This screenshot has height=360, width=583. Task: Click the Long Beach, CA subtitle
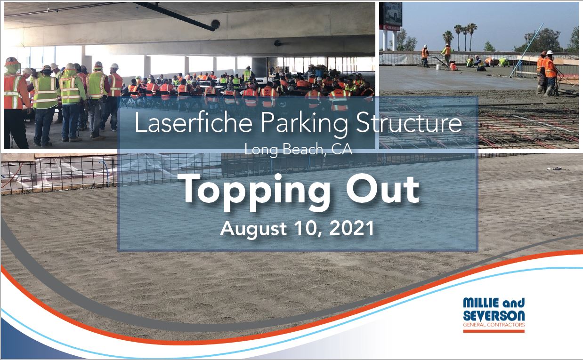click(299, 151)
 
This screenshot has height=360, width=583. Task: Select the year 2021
click(353, 229)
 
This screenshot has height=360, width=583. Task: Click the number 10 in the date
click(307, 229)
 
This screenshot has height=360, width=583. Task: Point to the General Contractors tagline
click(494, 325)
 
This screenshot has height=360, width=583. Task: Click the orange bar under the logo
click(494, 331)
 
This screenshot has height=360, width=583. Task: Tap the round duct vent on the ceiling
click(216, 24)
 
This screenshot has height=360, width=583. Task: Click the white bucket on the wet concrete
click(438, 67)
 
